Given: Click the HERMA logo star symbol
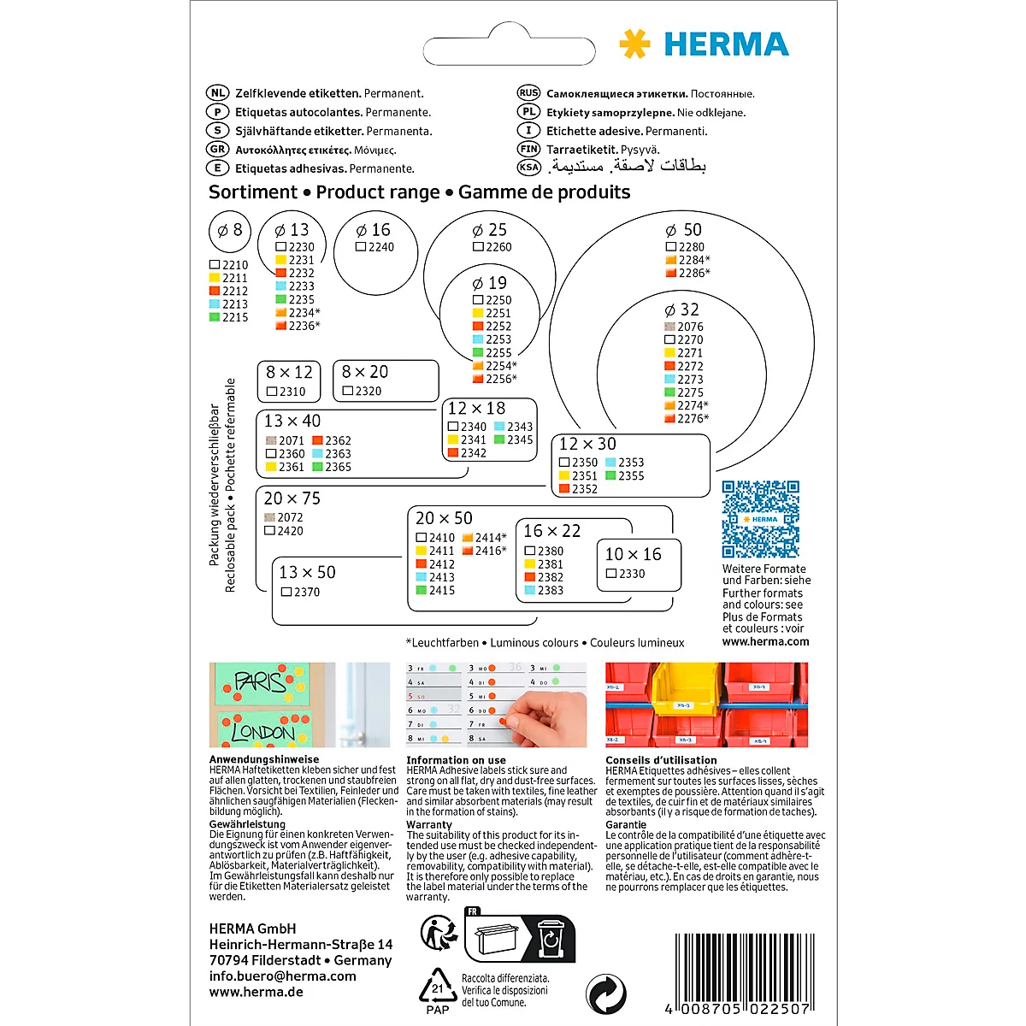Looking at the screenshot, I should click(x=634, y=44).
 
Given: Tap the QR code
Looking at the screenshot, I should click(x=760, y=519).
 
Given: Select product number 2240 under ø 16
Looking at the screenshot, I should click(x=380, y=247).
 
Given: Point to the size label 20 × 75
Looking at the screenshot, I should click(x=292, y=498).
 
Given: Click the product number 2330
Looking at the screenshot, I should click(x=632, y=574).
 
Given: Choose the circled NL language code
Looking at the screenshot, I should click(x=218, y=93).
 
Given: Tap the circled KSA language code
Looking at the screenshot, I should click(x=529, y=168).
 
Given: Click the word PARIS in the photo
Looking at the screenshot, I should click(x=259, y=681).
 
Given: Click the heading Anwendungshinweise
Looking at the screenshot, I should click(x=264, y=759).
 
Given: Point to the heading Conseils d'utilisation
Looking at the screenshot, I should click(x=661, y=760).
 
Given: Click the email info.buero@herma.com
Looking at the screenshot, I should click(x=282, y=976).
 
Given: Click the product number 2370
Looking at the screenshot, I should click(x=306, y=592).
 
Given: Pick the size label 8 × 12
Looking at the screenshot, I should click(x=289, y=373).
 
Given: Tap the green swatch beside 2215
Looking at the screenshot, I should click(x=215, y=317).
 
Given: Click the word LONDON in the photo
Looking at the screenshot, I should click(x=262, y=732).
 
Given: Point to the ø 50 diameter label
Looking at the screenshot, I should click(x=683, y=230).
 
